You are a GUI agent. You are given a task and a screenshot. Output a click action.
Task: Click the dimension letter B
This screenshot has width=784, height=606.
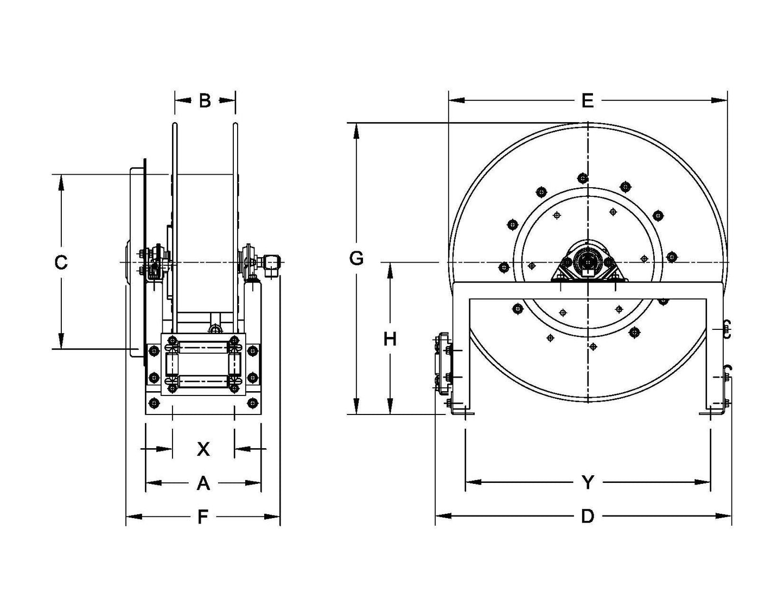click(x=205, y=100)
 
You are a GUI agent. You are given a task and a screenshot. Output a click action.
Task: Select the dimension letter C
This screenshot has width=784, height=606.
click(x=61, y=263)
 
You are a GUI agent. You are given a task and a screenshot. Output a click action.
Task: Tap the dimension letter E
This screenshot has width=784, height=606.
click(x=588, y=100)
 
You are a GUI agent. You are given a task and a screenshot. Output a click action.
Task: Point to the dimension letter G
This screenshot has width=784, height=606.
click(x=356, y=259)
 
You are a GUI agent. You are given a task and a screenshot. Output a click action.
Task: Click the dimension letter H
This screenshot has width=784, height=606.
click(x=390, y=339)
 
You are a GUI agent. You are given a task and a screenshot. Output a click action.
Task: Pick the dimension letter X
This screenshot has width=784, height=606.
click(x=203, y=449)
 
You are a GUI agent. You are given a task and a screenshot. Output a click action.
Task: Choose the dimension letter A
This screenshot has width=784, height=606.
click(x=203, y=483)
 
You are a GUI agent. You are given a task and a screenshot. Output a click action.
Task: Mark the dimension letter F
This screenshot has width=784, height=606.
click(x=203, y=517)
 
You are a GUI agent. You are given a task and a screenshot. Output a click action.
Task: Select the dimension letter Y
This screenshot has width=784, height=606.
click(x=588, y=482)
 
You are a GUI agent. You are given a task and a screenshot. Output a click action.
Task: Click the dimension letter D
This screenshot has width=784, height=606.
click(x=588, y=516)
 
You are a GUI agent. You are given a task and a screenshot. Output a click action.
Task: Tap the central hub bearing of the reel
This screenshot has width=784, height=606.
click(x=588, y=263)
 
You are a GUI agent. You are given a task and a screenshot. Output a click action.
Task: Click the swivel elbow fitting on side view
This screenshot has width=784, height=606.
click(x=270, y=263)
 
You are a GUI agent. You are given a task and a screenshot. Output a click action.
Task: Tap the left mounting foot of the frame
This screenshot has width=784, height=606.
click(x=461, y=410)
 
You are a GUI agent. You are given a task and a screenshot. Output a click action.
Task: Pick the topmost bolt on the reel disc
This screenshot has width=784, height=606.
click(x=583, y=177)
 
